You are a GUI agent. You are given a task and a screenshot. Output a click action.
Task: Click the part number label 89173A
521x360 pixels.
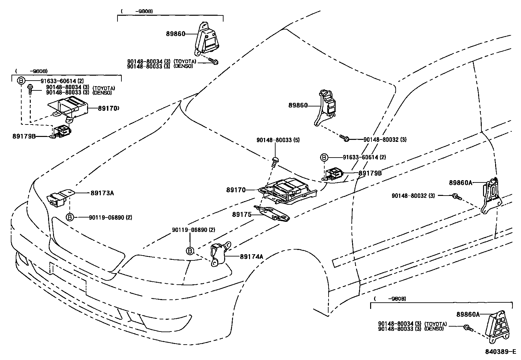click(x=102, y=193)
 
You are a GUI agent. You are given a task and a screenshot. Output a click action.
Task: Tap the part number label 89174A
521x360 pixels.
click(x=251, y=256)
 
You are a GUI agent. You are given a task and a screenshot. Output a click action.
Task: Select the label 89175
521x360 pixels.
click(x=242, y=215)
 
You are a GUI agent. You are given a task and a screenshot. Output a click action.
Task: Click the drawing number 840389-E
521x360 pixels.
click(x=500, y=352)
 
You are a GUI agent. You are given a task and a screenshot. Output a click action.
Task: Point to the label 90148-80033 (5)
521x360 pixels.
click(x=278, y=140)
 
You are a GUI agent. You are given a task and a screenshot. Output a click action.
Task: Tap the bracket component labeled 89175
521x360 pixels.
click(x=272, y=214)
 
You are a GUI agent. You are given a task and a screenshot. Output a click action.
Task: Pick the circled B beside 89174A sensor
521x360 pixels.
click(x=190, y=251)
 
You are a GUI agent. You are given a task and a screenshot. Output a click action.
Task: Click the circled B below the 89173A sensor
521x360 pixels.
click(x=70, y=217)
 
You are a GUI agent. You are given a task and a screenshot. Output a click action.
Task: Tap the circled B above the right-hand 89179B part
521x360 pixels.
click(x=324, y=158)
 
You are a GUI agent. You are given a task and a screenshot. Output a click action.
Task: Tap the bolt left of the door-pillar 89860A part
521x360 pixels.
click(x=456, y=196)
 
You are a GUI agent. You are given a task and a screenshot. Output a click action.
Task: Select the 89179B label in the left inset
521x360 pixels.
click(x=24, y=136)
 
